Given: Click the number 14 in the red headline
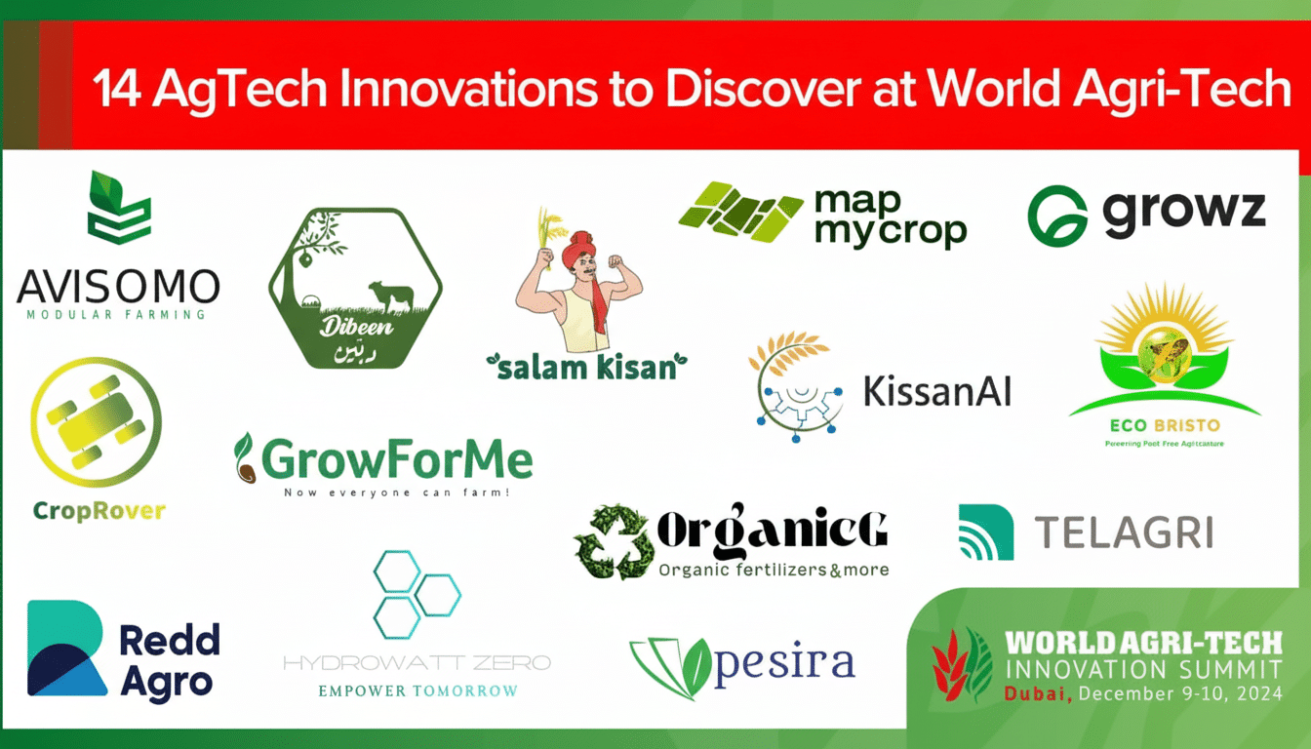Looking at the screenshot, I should (x=117, y=91).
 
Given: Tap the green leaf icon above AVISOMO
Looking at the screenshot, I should (x=119, y=207).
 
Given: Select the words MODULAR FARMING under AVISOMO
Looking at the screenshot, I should (x=117, y=314).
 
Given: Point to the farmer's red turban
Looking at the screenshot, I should (x=581, y=250).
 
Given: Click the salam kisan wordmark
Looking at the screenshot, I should (x=586, y=367).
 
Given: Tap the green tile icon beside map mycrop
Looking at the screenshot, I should (x=740, y=210).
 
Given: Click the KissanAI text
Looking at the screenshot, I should (x=937, y=391).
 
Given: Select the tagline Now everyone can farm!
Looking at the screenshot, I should (x=397, y=493).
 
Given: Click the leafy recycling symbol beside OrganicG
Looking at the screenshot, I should (x=613, y=541).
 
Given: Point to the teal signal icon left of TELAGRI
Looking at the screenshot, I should (x=985, y=532).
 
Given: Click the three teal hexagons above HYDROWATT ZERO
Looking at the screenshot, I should (x=415, y=594).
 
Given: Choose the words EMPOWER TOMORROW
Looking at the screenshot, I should (x=417, y=690).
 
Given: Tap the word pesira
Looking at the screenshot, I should (x=784, y=663).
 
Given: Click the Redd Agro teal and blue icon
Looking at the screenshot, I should (x=67, y=649).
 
